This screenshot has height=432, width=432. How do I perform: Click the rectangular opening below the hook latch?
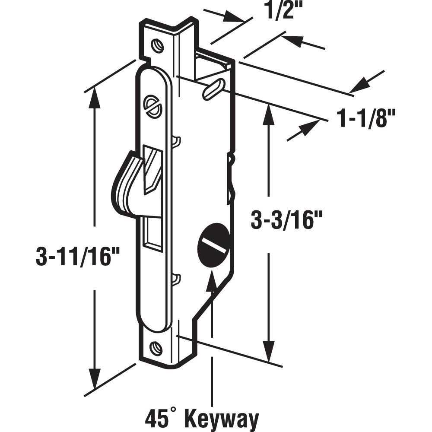click(x=152, y=235)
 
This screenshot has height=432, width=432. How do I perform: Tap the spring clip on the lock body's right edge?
click(x=231, y=177)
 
